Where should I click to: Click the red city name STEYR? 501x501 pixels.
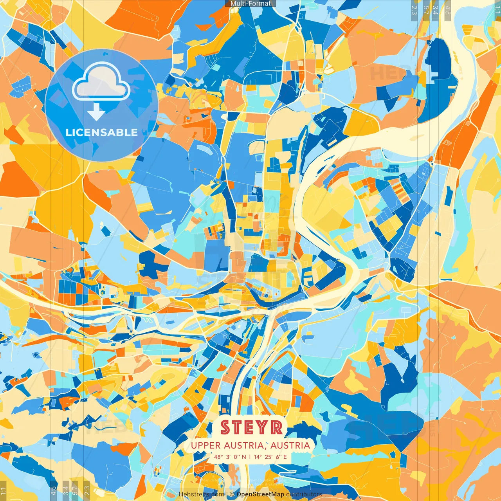[251, 427]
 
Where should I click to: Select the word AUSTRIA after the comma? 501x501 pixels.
[290, 445]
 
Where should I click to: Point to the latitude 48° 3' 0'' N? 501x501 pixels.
[230, 457]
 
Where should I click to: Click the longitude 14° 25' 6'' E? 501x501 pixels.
[270, 457]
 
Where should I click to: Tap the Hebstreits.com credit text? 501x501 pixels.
[201, 494]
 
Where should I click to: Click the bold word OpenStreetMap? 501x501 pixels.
[260, 494]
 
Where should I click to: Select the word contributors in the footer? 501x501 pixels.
[304, 494]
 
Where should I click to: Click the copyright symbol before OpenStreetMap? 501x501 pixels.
[232, 494]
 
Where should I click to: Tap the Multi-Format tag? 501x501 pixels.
[250, 4]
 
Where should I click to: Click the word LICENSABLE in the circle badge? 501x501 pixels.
[102, 132]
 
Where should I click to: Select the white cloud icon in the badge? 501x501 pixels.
[101, 83]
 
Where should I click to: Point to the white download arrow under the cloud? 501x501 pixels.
[96, 112]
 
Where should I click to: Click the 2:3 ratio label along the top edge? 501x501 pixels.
[414, 10]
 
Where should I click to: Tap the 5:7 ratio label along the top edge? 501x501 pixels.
[426, 10]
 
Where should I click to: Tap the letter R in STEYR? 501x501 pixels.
[276, 427]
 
